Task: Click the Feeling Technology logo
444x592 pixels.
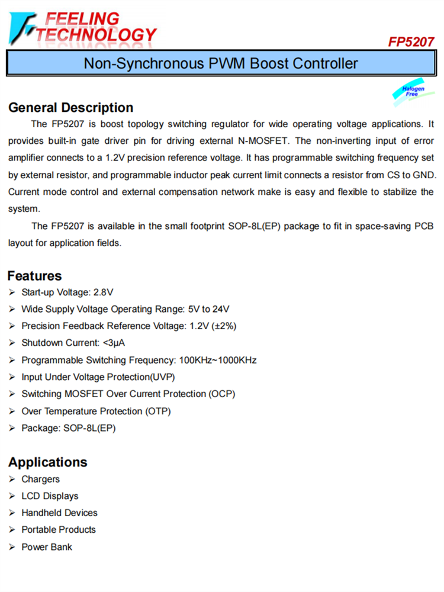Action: [83, 27]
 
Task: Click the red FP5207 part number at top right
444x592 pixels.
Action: [411, 42]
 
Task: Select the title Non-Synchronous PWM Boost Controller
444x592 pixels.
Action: [221, 63]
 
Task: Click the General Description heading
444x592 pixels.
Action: [70, 108]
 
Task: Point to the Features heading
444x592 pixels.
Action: [34, 275]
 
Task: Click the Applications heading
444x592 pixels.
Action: [47, 462]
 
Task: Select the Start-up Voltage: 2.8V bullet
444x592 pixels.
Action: [67, 292]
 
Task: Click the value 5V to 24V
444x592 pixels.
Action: [207, 309]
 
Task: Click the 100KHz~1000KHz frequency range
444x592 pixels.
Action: [218, 360]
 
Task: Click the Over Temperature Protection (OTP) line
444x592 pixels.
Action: [96, 411]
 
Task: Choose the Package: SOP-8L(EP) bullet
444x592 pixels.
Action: [68, 428]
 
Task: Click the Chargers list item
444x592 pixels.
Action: [40, 479]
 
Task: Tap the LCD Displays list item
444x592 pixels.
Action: [50, 496]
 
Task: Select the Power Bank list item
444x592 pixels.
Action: [47, 547]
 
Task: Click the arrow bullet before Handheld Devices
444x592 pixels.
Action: [12, 513]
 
